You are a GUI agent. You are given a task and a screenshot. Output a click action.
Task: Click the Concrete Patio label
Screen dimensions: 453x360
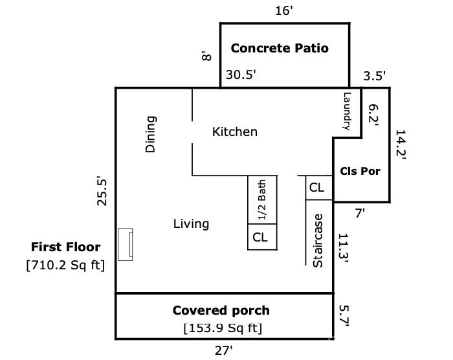280,49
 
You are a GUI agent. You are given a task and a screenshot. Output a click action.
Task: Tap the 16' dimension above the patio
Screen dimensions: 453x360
284,11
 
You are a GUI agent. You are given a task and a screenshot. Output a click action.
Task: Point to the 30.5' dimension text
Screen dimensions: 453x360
241,74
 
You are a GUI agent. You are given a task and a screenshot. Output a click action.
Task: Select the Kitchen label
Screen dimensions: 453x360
234,132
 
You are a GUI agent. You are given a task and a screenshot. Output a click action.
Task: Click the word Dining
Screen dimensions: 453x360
151,134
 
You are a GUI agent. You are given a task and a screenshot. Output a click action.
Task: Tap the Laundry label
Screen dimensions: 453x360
347,111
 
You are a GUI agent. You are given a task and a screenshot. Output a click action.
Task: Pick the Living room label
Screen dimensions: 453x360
191,224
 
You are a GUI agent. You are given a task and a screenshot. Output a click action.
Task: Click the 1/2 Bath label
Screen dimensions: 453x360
261,200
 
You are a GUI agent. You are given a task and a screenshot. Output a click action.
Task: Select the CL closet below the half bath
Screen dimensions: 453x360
260,238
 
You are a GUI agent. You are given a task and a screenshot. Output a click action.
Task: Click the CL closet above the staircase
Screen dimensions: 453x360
316,188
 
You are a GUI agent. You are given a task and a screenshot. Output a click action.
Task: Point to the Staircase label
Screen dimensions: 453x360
318,241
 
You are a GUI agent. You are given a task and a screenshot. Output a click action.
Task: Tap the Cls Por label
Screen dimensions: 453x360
360,171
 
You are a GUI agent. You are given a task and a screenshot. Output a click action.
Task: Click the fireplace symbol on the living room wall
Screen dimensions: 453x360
126,244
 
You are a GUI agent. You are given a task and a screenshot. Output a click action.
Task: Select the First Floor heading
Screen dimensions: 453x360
65,247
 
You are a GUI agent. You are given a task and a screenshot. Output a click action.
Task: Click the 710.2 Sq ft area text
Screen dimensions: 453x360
65,265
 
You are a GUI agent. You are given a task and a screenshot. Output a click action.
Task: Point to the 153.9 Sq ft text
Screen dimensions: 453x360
223,328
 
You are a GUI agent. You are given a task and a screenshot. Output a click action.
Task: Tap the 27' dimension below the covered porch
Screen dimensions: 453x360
224,351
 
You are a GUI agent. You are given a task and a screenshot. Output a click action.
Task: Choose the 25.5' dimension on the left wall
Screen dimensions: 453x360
102,191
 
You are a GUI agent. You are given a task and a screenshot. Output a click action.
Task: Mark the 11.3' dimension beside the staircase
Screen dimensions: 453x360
344,249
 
